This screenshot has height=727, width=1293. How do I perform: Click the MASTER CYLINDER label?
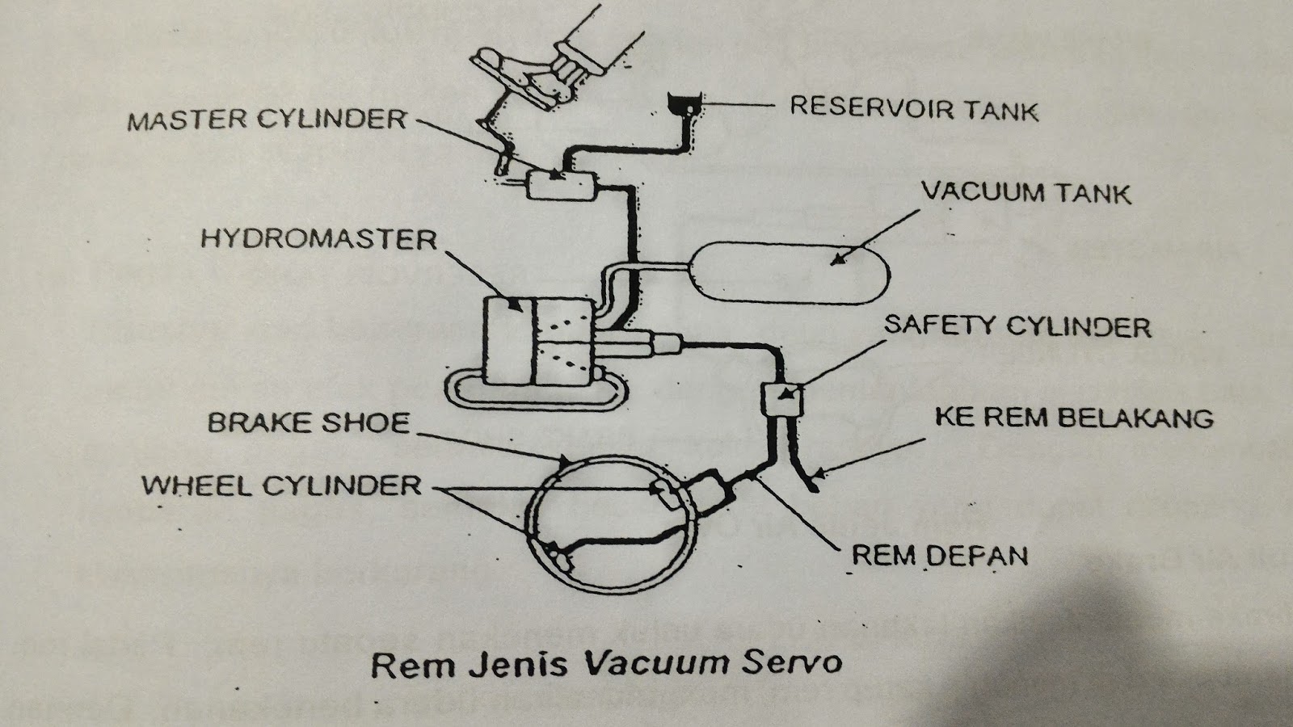[x=267, y=121]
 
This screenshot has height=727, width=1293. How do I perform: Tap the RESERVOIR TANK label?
[x=914, y=108]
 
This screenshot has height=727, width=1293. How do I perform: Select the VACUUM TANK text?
[x=1026, y=193]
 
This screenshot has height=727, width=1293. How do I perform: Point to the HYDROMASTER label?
[x=319, y=239]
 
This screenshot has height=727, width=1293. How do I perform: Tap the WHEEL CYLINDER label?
[x=281, y=485]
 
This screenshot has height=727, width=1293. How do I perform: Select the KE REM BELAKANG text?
[x=1074, y=418]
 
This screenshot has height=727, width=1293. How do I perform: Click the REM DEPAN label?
[x=940, y=556]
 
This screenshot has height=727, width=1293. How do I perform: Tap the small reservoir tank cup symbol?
[x=684, y=103]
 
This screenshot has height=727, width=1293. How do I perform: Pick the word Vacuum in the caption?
[x=651, y=663]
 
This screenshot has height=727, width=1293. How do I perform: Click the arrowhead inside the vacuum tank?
[x=839, y=259]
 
